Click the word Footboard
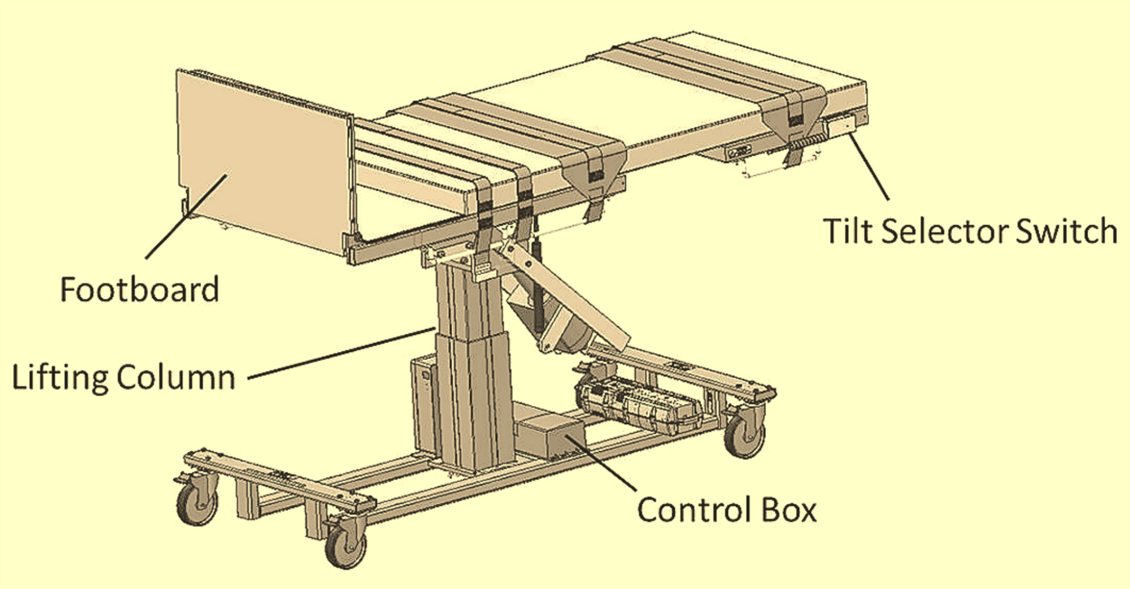pos(139,289)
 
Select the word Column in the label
pos(176,378)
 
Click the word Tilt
pos(847,231)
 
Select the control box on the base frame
pos(549,435)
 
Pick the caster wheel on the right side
pos(745,436)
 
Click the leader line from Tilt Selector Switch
pos(870,165)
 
